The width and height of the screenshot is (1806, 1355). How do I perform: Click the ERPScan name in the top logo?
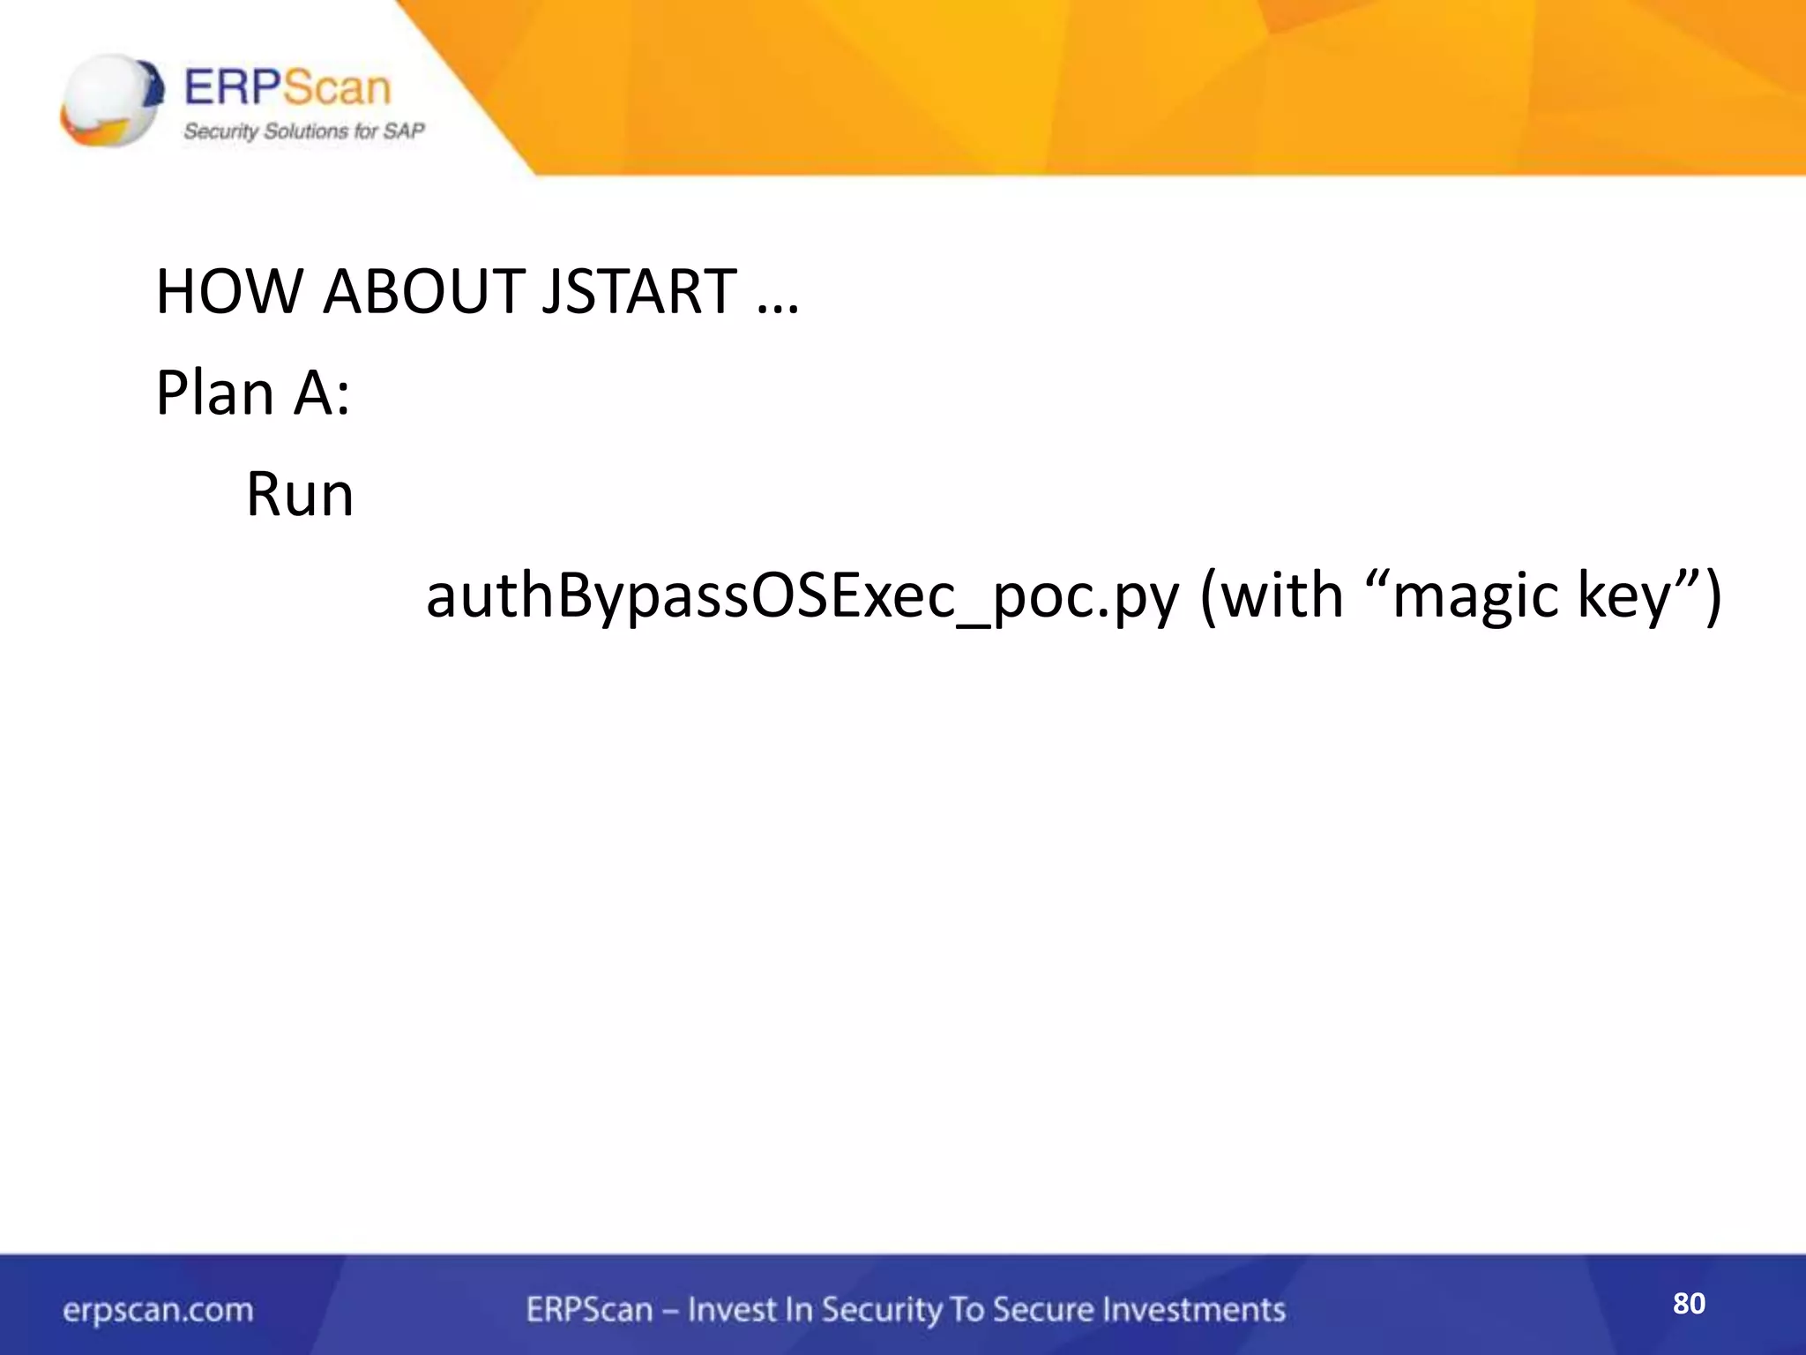coord(287,88)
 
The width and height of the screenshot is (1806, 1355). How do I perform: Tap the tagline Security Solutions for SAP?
coord(303,131)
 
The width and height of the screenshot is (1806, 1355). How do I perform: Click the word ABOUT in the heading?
coord(424,291)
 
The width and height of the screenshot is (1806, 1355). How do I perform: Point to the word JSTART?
coord(638,291)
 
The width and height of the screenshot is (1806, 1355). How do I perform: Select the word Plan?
coord(214,393)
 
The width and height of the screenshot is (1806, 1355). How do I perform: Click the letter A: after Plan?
coord(322,393)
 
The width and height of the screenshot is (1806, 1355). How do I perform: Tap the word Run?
coord(300,494)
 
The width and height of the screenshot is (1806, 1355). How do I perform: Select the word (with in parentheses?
coord(1271,596)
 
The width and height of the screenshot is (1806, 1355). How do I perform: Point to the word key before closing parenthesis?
coord(1628,596)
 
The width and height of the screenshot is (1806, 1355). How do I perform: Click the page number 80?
coord(1689,1303)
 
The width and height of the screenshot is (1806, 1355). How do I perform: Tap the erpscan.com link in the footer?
coord(158,1310)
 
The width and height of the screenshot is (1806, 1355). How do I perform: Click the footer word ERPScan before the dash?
coord(589,1310)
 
